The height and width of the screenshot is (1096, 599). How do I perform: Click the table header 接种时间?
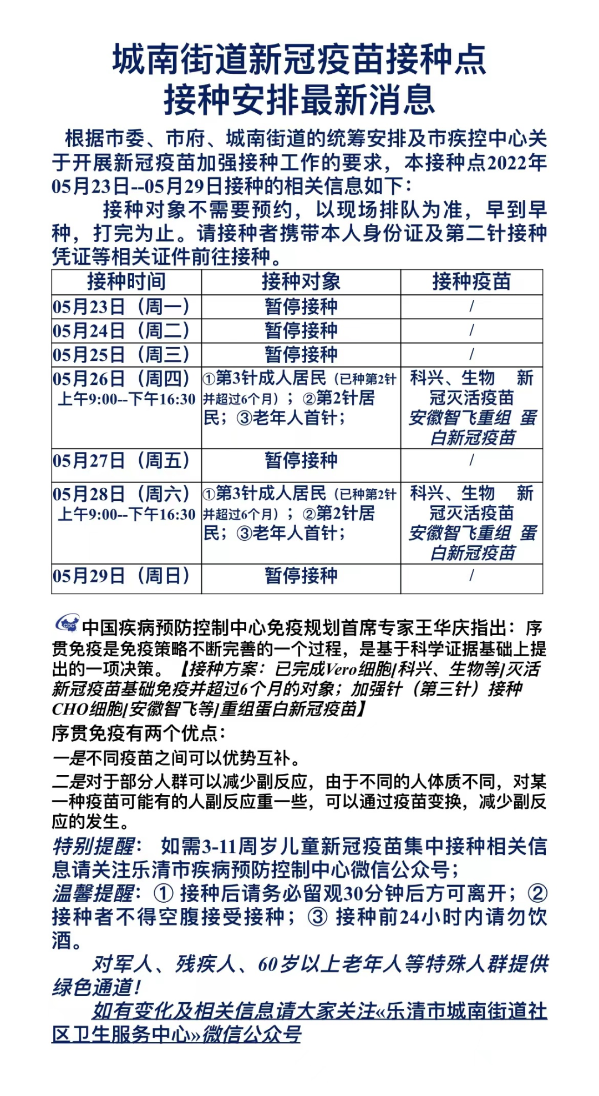coord(126,281)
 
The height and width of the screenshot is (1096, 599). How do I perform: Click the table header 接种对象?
coord(301,281)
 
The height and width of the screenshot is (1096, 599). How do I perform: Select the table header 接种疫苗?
coord(471,281)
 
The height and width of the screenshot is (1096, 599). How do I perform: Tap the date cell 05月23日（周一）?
coord(121,306)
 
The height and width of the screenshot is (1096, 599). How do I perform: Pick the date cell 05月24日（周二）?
coord(121,330)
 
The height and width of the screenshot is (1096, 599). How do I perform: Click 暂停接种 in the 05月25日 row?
coord(301,354)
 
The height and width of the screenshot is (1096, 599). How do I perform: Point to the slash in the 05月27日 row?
coord(471,460)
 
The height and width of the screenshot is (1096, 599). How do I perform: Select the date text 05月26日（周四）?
coord(121,379)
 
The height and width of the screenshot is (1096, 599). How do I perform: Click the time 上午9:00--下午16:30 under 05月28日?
coord(126,515)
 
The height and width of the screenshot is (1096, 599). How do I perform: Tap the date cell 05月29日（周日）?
coord(121,576)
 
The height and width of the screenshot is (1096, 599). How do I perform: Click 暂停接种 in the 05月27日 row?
coord(301,460)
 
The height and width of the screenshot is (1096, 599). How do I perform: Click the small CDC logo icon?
coord(67,624)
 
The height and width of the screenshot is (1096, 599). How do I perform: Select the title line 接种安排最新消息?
coord(299,100)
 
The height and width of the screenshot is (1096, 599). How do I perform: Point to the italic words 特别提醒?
coord(94,847)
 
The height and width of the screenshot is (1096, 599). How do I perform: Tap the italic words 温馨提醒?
coord(94,893)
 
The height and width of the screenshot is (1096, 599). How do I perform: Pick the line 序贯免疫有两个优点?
coord(139,733)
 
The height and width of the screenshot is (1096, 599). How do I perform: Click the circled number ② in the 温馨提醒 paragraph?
coord(537,893)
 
